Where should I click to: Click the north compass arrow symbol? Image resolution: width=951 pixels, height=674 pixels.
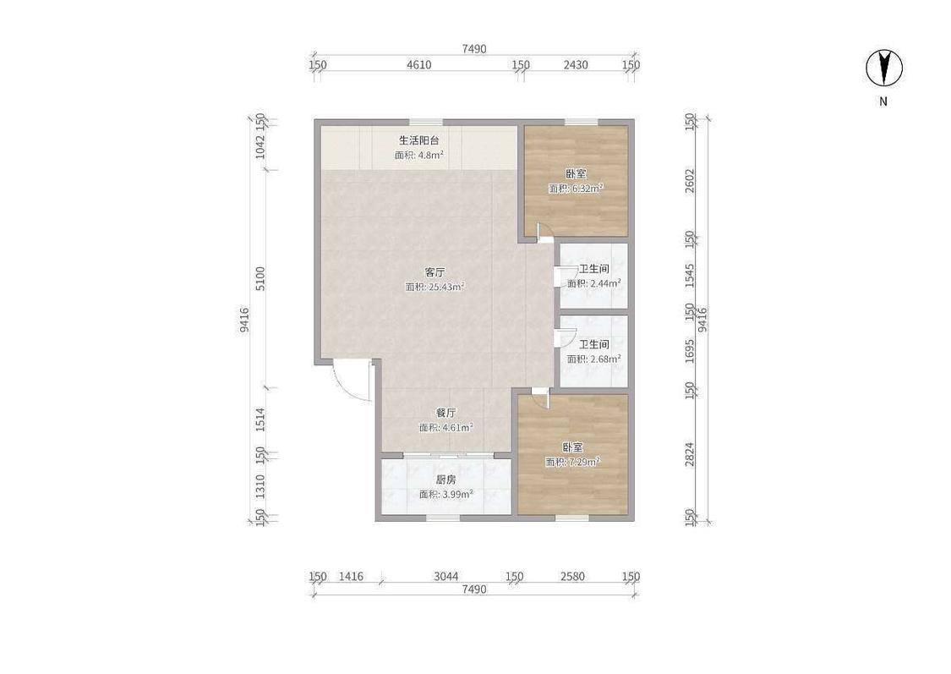[883, 67]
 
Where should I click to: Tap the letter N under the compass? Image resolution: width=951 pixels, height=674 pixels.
[883, 102]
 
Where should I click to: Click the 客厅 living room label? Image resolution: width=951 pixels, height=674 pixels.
[435, 271]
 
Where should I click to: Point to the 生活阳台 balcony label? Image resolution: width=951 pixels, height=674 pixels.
[419, 140]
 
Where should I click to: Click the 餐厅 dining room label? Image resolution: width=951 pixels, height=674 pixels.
[445, 413]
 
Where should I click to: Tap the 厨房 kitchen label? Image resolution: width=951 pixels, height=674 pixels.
[445, 479]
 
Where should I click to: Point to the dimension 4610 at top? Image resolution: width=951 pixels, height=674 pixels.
[418, 65]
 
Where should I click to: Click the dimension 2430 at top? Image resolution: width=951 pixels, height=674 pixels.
[576, 65]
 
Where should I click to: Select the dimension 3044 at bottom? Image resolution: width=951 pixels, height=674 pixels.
[445, 577]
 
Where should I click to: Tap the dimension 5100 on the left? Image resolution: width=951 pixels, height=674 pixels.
[260, 278]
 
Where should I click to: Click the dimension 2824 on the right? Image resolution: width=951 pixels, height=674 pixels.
[690, 454]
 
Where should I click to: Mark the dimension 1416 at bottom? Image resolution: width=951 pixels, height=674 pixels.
[351, 577]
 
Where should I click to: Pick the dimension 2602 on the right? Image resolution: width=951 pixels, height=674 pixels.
[690, 180]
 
